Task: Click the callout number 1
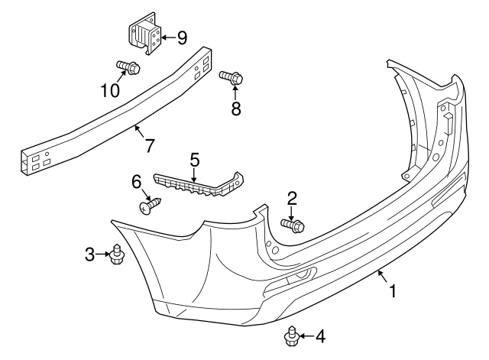click(x=393, y=290)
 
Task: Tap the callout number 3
click(x=90, y=254)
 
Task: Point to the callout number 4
click(x=319, y=336)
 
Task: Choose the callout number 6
click(x=137, y=182)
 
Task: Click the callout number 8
click(x=235, y=109)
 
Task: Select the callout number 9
click(x=182, y=36)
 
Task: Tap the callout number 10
click(x=110, y=90)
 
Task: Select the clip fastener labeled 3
click(x=115, y=254)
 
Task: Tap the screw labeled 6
click(x=151, y=205)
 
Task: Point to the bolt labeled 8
click(x=232, y=77)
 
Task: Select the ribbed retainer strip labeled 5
click(x=199, y=184)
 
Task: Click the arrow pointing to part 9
click(x=167, y=36)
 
